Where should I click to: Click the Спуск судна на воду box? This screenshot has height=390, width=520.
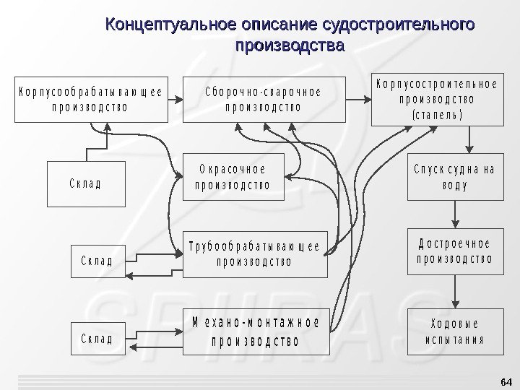[454, 177]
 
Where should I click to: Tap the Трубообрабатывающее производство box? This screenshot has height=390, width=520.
[253, 253]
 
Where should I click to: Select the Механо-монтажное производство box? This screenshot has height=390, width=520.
[253, 329]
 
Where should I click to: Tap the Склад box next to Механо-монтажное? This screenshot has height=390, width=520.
[97, 337]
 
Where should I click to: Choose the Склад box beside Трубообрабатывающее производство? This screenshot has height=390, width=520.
[97, 261]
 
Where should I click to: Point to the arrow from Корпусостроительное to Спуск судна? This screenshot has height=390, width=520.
[470, 139]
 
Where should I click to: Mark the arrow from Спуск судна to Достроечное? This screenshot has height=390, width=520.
[454, 212]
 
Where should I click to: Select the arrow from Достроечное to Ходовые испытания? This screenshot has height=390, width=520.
[454, 291]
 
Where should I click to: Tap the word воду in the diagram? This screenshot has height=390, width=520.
[454, 185]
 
